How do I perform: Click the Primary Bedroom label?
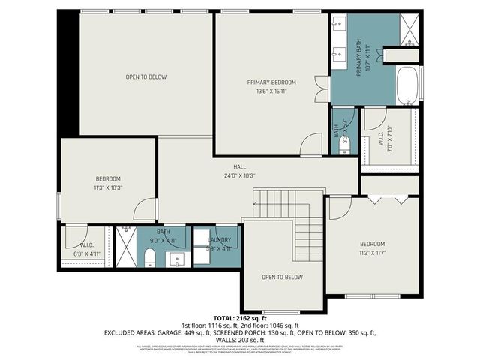(271, 87)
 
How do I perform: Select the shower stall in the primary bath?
(409, 29)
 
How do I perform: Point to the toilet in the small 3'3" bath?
(344, 147)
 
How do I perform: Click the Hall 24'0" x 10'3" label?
(239, 171)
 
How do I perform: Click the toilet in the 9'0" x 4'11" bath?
(149, 259)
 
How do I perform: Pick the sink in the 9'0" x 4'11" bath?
(178, 259)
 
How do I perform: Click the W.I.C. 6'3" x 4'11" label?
(86, 250)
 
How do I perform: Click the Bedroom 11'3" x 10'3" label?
(108, 184)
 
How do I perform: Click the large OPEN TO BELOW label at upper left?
(145, 76)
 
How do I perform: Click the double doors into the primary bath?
(321, 88)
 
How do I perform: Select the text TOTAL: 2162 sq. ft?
(240, 319)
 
